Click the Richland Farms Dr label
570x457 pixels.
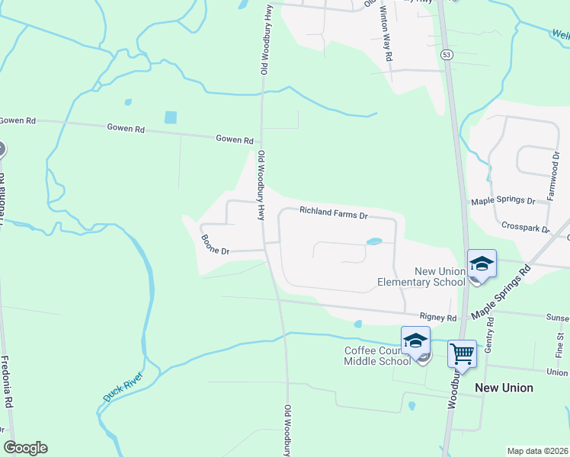tap(333, 213)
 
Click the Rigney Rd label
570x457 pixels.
tap(437, 317)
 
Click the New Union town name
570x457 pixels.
tap(504, 388)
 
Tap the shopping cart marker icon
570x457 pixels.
tap(461, 353)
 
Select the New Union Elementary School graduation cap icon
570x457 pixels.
tap(482, 264)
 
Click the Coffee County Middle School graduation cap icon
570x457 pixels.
tap(416, 340)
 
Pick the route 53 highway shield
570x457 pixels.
tap(447, 55)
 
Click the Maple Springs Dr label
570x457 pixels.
tap(503, 201)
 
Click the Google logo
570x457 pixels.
tap(25, 448)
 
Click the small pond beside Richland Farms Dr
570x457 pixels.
tap(374, 242)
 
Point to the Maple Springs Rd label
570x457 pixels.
tap(500, 292)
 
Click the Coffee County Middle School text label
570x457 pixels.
tap(378, 356)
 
